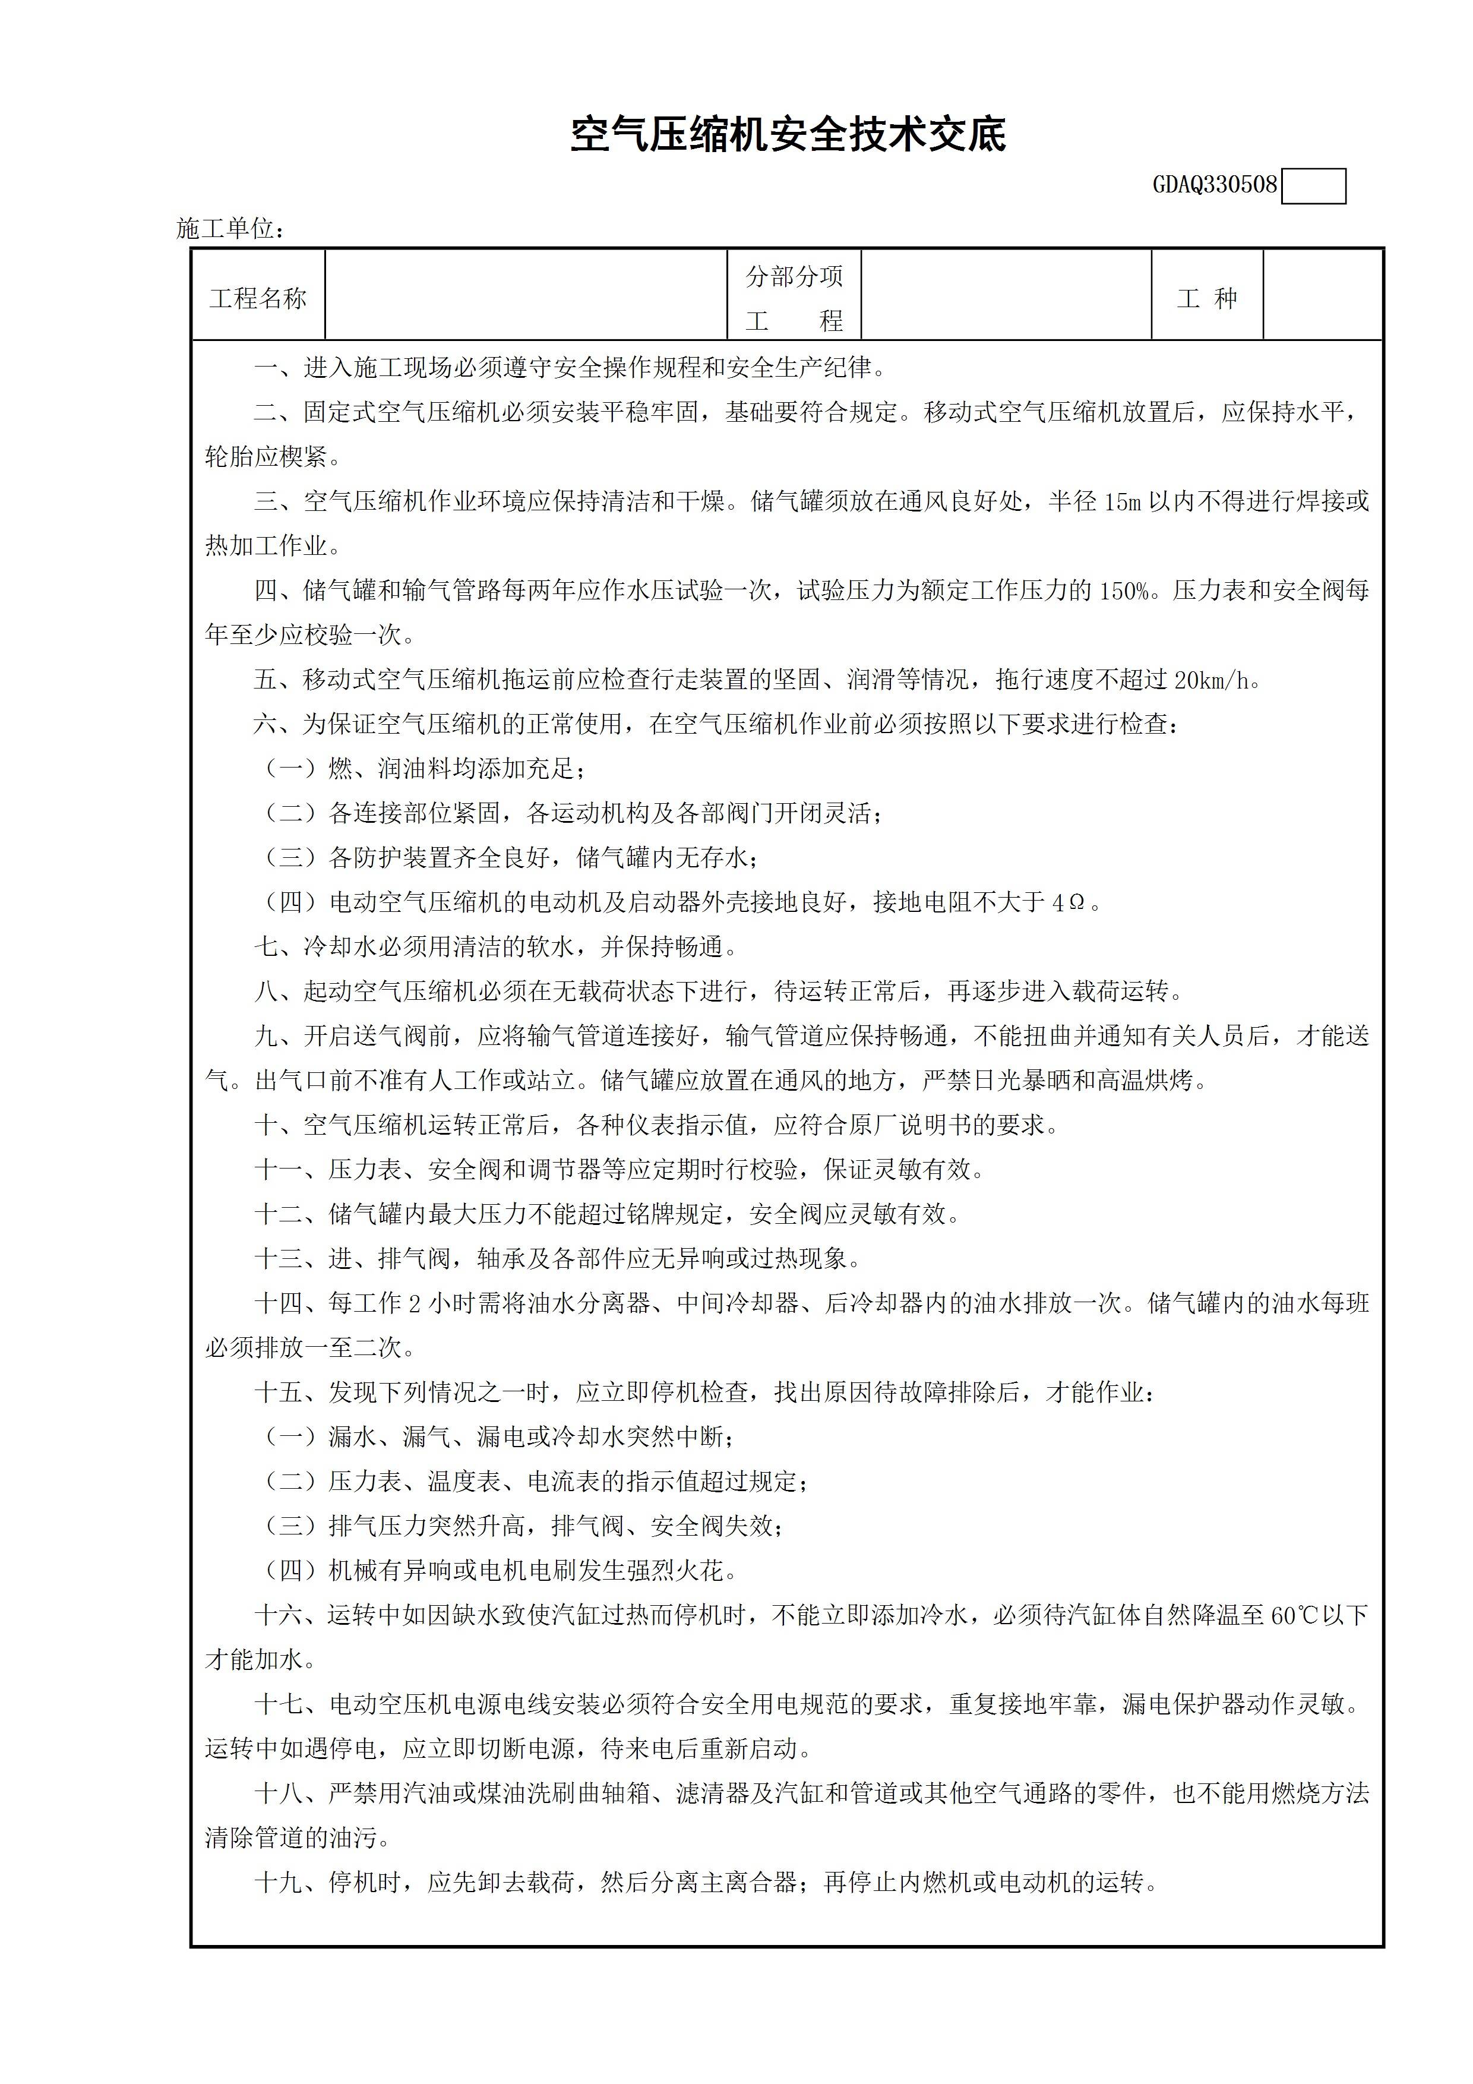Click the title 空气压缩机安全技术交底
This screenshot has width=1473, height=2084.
point(788,135)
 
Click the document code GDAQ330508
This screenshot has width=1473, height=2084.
point(1215,185)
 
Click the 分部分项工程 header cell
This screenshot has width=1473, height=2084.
point(794,298)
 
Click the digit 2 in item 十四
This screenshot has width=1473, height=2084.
point(414,1303)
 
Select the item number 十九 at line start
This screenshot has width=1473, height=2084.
point(278,1883)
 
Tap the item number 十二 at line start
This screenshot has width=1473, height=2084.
point(278,1214)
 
